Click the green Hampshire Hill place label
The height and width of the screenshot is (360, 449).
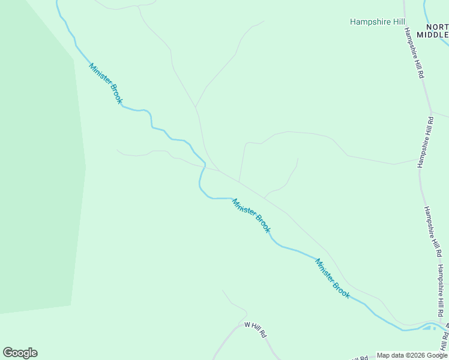tap(378, 22)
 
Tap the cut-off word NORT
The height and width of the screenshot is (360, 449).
tap(437, 27)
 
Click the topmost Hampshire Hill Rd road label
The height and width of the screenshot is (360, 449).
tap(414, 53)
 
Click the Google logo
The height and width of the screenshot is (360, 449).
tap(20, 353)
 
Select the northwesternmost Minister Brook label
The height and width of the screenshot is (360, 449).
tap(106, 83)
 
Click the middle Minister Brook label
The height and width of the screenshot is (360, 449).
tap(252, 215)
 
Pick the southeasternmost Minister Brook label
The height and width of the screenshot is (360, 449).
tap(333, 278)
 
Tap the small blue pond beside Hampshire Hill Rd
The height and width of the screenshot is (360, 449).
tap(429, 327)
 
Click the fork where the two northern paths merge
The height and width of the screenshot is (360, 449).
tap(196, 108)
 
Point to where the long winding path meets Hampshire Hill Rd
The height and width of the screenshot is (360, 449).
tap(418, 160)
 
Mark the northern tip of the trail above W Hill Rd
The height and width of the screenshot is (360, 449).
tap(223, 290)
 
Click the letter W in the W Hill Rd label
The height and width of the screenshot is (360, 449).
tap(247, 325)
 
